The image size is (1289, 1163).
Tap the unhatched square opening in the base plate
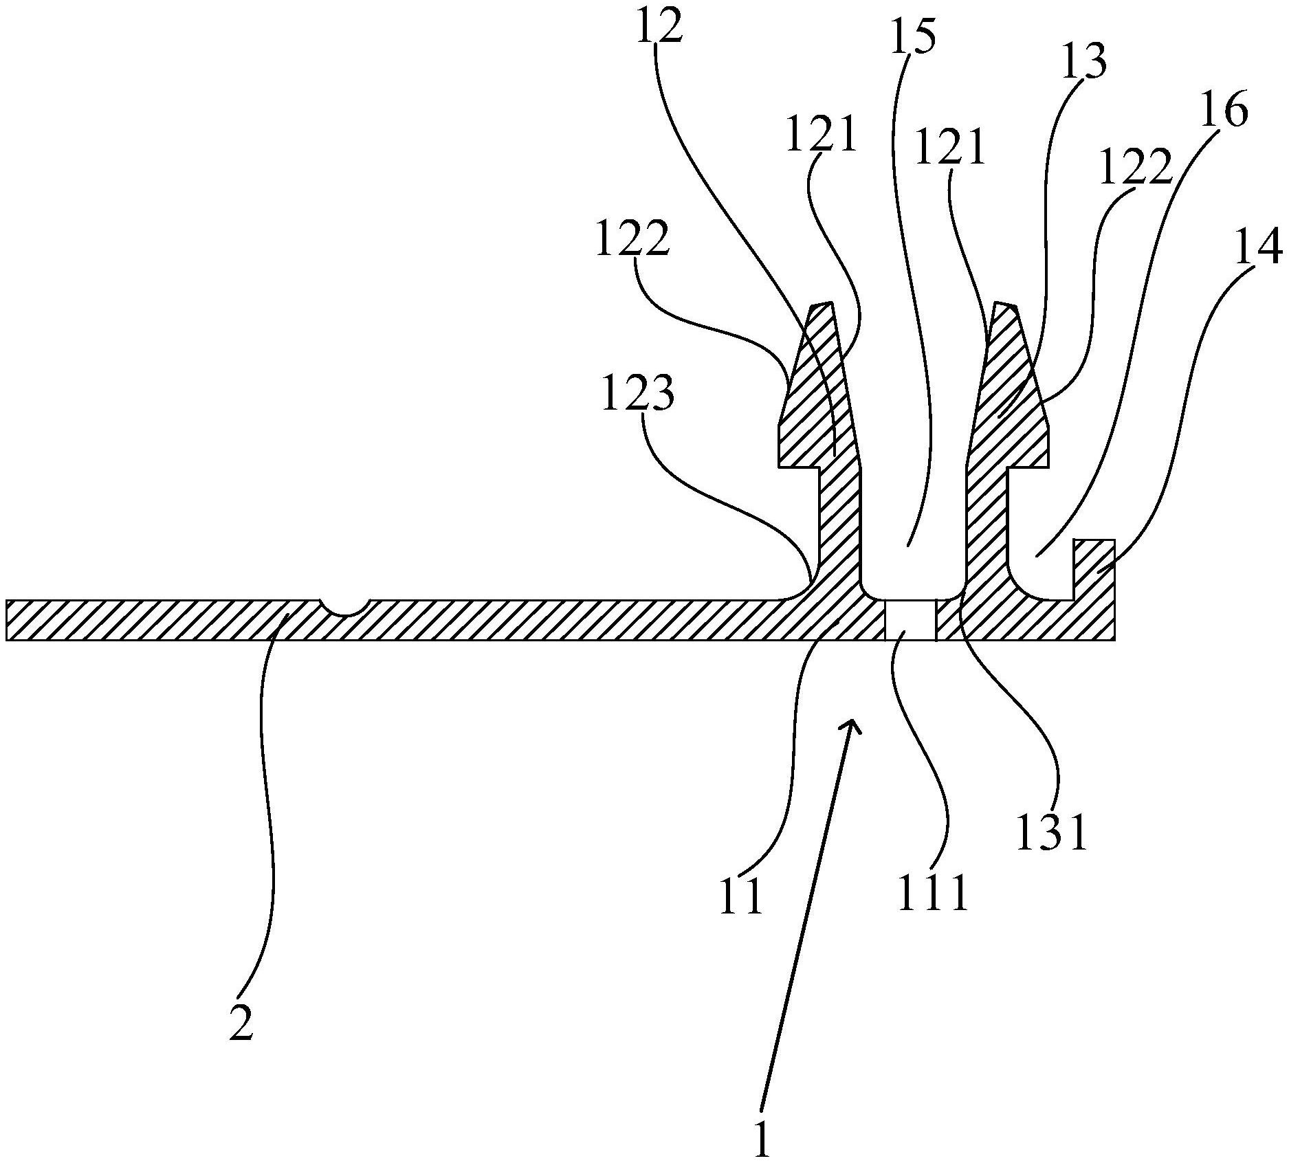click(910, 620)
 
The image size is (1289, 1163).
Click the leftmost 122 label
click(632, 239)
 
